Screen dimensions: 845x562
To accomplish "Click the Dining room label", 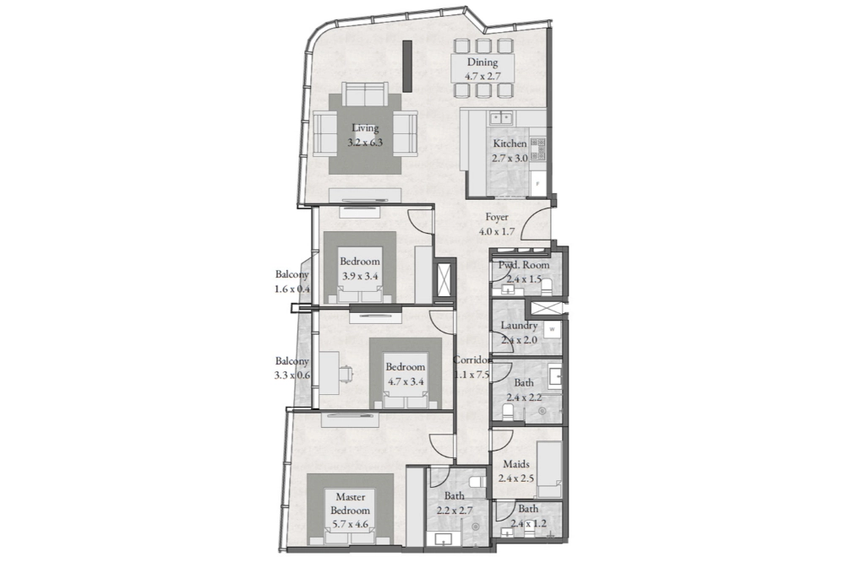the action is [x=482, y=62].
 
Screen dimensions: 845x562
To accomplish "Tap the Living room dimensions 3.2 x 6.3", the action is [x=365, y=143].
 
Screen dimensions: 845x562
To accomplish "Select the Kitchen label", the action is [x=510, y=143].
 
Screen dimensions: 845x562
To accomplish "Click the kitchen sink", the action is [x=500, y=116].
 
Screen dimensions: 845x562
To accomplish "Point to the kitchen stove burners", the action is [x=537, y=149].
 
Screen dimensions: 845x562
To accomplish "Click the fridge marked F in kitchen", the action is [x=537, y=183].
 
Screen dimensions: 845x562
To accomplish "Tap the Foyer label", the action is [x=496, y=217].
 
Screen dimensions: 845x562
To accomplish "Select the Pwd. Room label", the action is [x=524, y=265].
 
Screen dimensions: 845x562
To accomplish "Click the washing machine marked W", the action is [x=552, y=329].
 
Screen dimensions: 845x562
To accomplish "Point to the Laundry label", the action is [x=519, y=325].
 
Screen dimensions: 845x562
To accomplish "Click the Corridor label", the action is [x=472, y=359].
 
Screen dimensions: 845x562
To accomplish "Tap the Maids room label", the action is [x=516, y=463].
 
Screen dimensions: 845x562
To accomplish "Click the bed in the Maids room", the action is [x=550, y=469].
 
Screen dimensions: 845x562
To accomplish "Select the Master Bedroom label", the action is [x=351, y=503].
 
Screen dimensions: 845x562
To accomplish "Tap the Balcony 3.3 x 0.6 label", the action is [x=292, y=368].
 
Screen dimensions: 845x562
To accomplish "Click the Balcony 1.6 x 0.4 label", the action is [x=292, y=281].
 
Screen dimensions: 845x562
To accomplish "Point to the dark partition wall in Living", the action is [x=407, y=66].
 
